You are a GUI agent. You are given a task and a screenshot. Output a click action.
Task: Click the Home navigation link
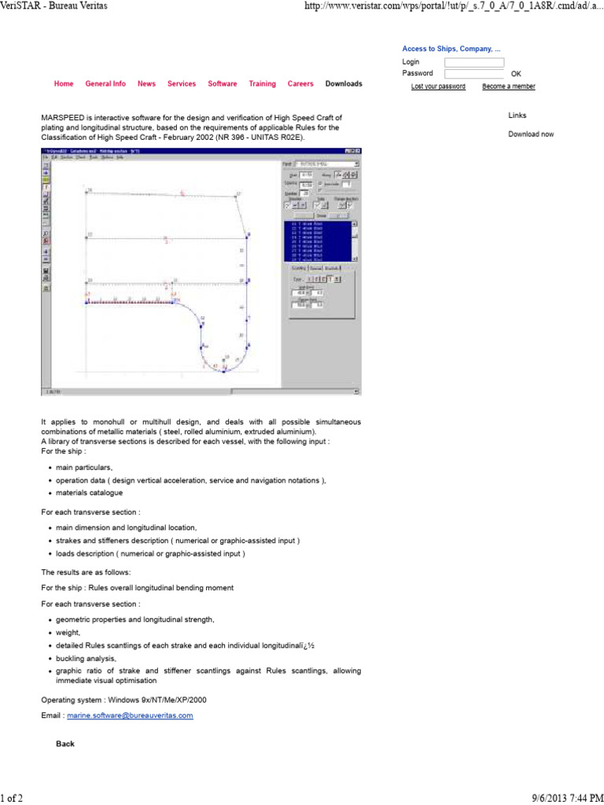click(x=64, y=83)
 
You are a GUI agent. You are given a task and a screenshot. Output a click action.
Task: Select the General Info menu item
click(x=105, y=83)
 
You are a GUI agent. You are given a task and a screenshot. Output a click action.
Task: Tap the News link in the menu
click(x=146, y=83)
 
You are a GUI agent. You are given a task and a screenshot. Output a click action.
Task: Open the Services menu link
click(x=182, y=83)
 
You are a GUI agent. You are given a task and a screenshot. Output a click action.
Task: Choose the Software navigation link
click(x=223, y=83)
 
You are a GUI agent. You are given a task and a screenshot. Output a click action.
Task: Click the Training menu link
click(x=263, y=83)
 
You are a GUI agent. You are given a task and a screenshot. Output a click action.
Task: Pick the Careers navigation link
click(x=300, y=83)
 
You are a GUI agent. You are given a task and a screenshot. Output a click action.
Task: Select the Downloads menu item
click(x=344, y=83)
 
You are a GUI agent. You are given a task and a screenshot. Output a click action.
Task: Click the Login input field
click(x=474, y=62)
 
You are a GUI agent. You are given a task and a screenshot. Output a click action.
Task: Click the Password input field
click(x=474, y=74)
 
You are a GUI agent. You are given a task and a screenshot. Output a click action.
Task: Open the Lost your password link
click(x=438, y=86)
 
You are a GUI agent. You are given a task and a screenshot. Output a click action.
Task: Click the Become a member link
click(x=509, y=86)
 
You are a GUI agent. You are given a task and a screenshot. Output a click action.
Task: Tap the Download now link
click(x=531, y=134)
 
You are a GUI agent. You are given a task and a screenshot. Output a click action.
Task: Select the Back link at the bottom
click(x=65, y=743)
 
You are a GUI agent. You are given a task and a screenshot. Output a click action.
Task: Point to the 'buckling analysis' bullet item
click(x=87, y=658)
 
